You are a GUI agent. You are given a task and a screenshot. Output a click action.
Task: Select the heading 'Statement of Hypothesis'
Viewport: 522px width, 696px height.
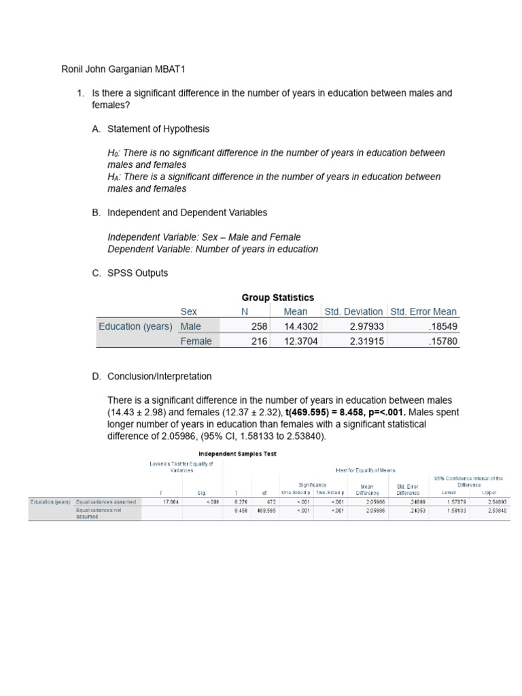pyautogui.click(x=158, y=128)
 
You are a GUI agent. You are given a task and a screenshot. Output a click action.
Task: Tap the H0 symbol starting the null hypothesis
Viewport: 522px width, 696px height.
pyautogui.click(x=113, y=154)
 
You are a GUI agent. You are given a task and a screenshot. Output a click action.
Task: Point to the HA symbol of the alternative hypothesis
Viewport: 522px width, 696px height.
pyautogui.click(x=113, y=177)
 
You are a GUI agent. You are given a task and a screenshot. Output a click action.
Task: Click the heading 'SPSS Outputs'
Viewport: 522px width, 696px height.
pyautogui.click(x=137, y=273)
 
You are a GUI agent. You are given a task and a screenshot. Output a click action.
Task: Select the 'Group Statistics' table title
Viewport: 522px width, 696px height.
pyautogui.click(x=278, y=298)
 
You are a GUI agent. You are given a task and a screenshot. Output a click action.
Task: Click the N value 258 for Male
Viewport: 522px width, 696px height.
pyautogui.click(x=260, y=326)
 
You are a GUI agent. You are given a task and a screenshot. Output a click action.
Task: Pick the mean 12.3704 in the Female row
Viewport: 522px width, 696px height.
pyautogui.click(x=300, y=341)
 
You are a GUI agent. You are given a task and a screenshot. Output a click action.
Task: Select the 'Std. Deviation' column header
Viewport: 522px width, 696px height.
pyautogui.click(x=353, y=311)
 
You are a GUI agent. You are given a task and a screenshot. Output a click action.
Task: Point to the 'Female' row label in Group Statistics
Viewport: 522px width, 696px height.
pyautogui.click(x=196, y=341)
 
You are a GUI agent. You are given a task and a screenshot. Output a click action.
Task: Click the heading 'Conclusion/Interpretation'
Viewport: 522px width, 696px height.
pyautogui.click(x=159, y=376)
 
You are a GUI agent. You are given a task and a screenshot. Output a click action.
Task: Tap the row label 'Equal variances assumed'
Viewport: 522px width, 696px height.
pyautogui.click(x=106, y=502)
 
